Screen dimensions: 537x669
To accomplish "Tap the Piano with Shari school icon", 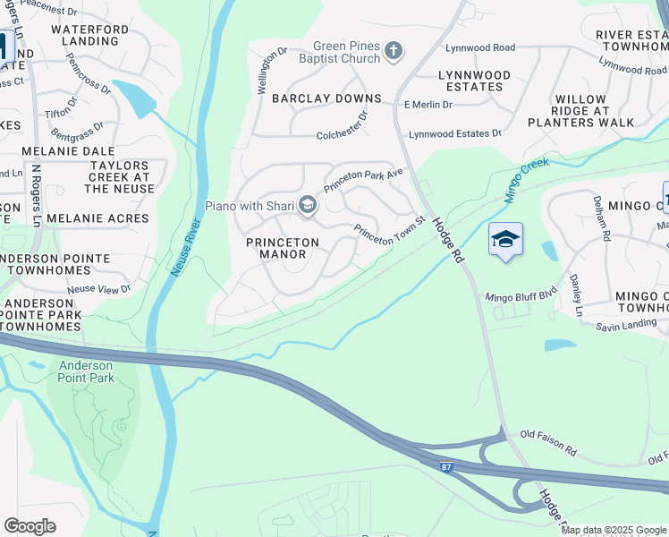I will [307, 207].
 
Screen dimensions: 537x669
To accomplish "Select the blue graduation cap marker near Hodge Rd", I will [505, 240].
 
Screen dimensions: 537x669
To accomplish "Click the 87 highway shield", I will [446, 466].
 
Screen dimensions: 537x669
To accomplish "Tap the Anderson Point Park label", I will [86, 372].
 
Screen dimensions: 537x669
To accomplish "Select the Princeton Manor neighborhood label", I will [283, 248].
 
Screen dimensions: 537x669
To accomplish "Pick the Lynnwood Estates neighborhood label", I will [474, 81].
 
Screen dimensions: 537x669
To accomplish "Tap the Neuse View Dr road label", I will [98, 288].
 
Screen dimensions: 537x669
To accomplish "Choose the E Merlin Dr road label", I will [428, 105].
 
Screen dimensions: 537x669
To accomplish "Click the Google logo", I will [30, 526].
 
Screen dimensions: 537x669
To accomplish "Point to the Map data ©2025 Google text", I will [614, 530].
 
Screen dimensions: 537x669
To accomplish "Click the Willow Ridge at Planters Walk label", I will [580, 110].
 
